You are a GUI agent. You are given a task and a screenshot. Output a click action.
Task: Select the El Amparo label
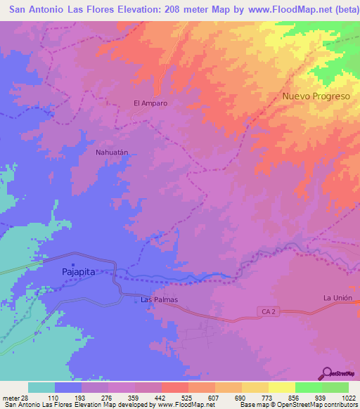pyautogui.click(x=150, y=103)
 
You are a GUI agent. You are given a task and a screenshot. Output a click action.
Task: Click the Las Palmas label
pyautogui.click(x=159, y=300)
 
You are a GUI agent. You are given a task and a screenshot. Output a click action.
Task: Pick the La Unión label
pyautogui.click(x=337, y=298)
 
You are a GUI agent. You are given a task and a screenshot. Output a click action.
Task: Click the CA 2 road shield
pyautogui.click(x=265, y=310)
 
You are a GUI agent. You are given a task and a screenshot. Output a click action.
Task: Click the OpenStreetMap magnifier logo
pyautogui.click(x=328, y=372)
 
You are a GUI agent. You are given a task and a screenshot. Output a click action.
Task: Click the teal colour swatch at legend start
pyautogui.click(x=41, y=387)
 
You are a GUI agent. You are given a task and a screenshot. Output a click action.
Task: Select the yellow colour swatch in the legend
pyautogui.click(x=281, y=387)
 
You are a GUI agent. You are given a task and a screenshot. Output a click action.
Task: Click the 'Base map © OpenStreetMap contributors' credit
pyautogui.click(x=299, y=405)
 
